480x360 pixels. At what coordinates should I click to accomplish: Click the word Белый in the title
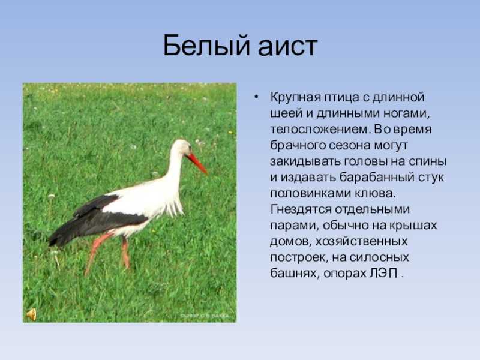click(x=207, y=46)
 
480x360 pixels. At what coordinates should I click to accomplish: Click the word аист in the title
click(x=287, y=47)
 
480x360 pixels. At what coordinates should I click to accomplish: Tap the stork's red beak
click(x=197, y=163)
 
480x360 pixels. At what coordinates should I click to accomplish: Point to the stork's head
click(x=181, y=148)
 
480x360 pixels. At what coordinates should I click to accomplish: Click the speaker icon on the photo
click(x=31, y=314)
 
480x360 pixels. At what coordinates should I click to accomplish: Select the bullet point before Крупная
click(x=256, y=97)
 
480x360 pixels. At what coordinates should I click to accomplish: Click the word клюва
click(x=375, y=193)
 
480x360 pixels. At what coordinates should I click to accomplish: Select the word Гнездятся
click(x=301, y=210)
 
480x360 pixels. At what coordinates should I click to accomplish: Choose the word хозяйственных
click(x=361, y=242)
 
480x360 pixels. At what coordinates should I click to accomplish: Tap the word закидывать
click(x=305, y=161)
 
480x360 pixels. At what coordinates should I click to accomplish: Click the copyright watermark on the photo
click(x=204, y=316)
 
